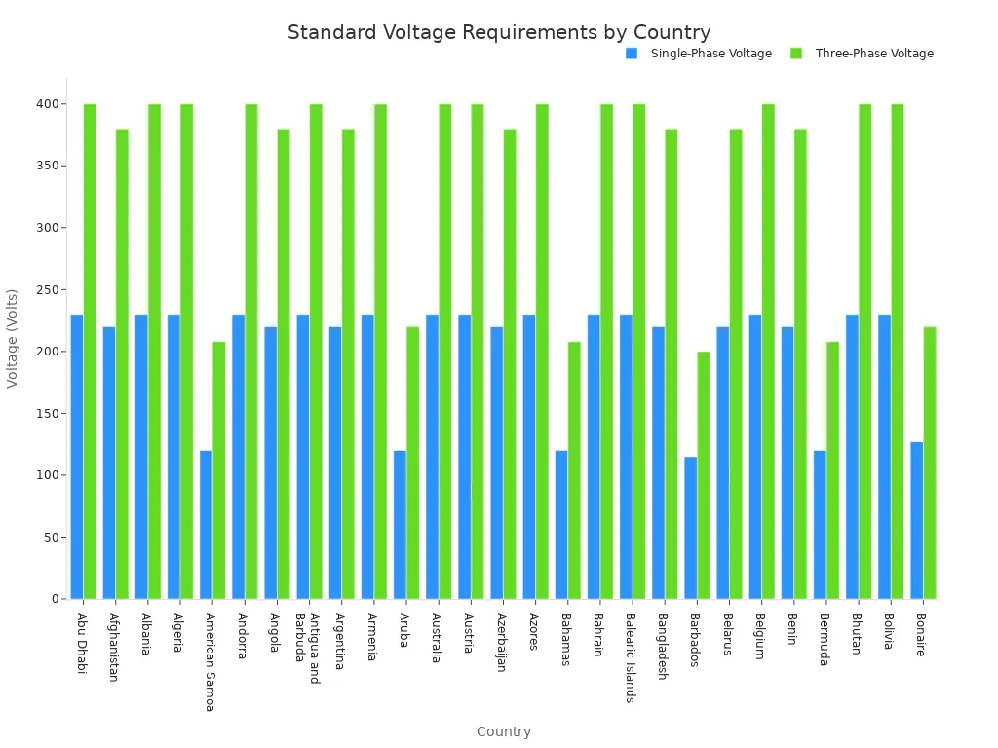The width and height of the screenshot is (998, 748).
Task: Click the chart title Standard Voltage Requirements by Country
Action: [x=499, y=33]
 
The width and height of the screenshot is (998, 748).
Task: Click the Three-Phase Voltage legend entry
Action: [x=873, y=54]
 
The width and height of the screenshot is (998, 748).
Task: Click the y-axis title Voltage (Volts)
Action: [x=13, y=338]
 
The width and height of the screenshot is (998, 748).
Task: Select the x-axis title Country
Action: [x=503, y=731]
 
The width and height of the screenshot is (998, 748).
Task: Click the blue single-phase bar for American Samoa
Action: [x=206, y=524]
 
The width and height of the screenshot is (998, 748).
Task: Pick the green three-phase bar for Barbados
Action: [x=704, y=474]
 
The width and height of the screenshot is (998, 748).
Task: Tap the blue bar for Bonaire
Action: [x=917, y=520]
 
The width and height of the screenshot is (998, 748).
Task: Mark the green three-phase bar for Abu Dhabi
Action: [x=90, y=351]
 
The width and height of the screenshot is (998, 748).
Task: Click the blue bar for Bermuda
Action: [x=820, y=524]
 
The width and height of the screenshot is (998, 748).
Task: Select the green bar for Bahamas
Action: [x=575, y=469]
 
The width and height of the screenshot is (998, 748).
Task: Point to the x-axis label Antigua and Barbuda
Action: [x=308, y=647]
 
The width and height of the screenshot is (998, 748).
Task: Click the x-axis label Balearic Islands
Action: [x=631, y=656]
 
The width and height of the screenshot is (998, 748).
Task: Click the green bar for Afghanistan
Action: [x=122, y=363]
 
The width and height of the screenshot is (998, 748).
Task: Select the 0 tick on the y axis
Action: [x=55, y=599]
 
